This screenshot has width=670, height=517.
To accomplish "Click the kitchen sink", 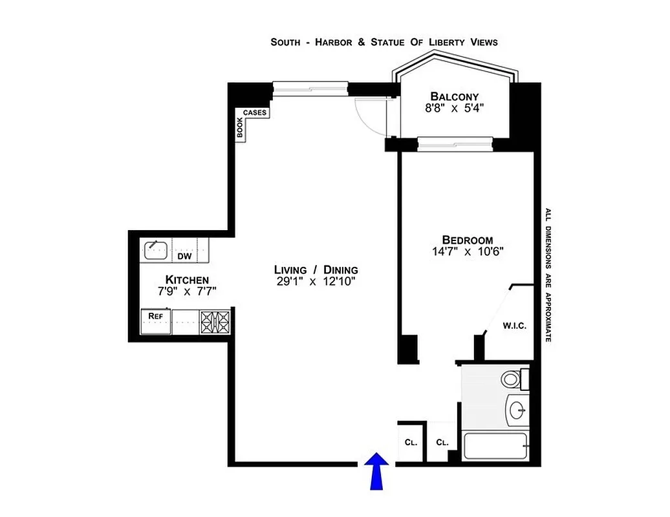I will (155, 249).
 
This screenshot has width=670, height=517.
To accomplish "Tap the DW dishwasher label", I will (184, 257).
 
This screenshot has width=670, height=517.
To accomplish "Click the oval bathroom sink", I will (517, 409).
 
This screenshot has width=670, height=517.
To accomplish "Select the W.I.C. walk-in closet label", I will (515, 326).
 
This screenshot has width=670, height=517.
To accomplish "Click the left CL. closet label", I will (410, 443).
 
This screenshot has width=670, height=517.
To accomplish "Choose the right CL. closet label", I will (442, 443).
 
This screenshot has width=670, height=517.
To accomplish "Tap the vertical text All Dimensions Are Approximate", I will (547, 275).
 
